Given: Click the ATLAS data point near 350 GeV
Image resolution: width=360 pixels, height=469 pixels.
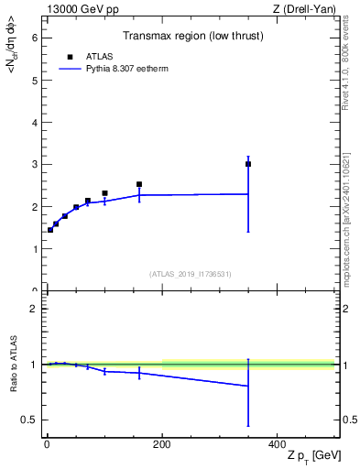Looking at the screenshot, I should pyautogui.click(x=248, y=164).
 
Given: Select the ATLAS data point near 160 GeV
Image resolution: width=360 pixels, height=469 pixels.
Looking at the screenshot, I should pyautogui.click(x=139, y=184).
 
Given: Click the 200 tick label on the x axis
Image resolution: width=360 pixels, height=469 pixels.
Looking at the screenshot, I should pyautogui.click(x=162, y=445).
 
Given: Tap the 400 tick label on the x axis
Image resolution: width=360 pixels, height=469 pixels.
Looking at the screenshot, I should pyautogui.click(x=277, y=445).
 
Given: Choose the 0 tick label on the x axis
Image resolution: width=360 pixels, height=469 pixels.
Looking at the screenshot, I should pyautogui.click(x=47, y=445).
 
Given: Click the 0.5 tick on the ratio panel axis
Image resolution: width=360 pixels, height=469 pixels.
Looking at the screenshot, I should pyautogui.click(x=29, y=420).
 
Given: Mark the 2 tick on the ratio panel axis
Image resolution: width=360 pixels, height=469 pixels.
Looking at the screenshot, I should pyautogui.click(x=33, y=309).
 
